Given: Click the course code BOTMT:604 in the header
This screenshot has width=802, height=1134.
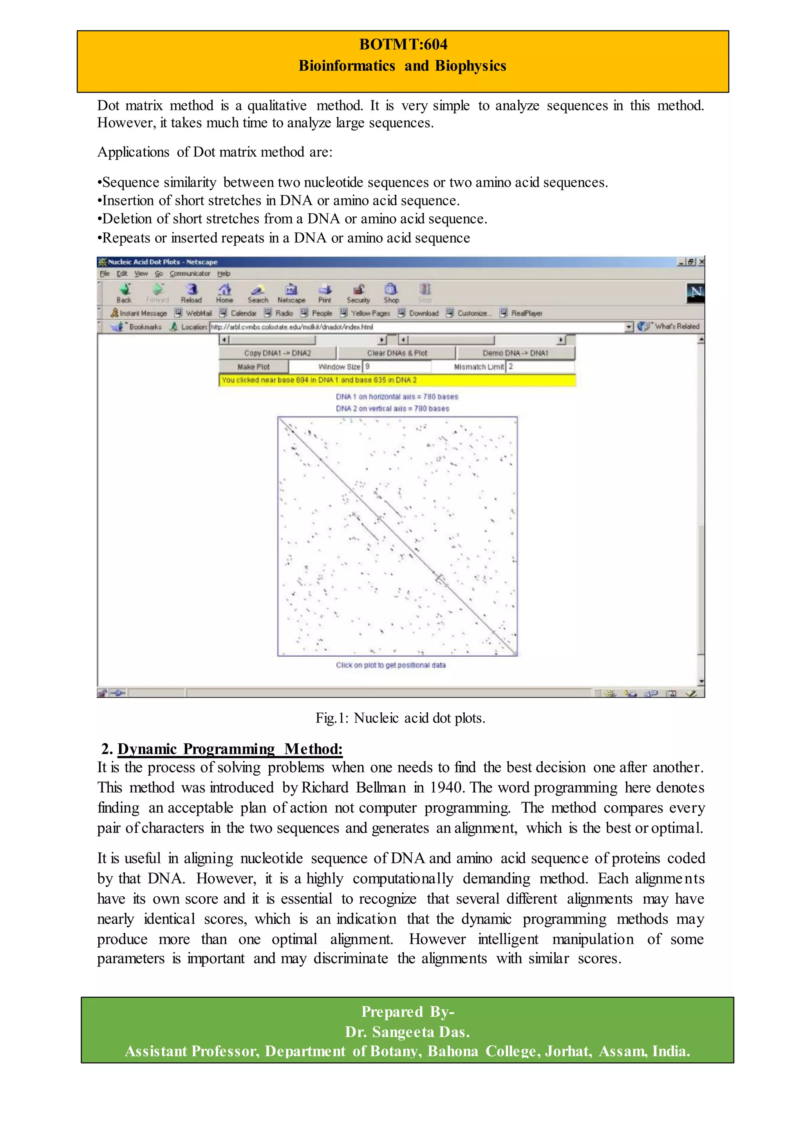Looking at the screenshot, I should (x=403, y=45).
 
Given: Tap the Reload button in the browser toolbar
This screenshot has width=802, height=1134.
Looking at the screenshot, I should (x=191, y=293).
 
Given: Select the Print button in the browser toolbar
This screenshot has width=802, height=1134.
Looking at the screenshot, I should (x=325, y=293).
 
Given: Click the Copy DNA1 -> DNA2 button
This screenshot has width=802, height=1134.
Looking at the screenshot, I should (x=277, y=353).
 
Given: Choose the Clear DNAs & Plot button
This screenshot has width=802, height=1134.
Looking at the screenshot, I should (x=397, y=353).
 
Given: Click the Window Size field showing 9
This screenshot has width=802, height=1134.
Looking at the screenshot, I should (x=397, y=367).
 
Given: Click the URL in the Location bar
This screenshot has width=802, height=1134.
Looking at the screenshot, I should (x=292, y=327).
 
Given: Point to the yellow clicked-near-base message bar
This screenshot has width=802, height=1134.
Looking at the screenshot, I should (x=397, y=380).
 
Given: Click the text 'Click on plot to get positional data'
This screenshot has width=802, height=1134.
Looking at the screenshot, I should (x=391, y=665).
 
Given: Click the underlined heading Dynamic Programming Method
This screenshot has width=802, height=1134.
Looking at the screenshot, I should (x=229, y=749).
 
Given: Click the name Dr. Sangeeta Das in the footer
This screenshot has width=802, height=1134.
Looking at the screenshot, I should (x=407, y=1032).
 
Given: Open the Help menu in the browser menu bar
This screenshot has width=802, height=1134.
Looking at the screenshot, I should (x=224, y=274).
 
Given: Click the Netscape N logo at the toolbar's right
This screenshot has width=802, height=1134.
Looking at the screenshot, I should (x=695, y=293).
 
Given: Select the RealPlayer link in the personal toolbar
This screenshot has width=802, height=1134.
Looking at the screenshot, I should (x=526, y=313).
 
